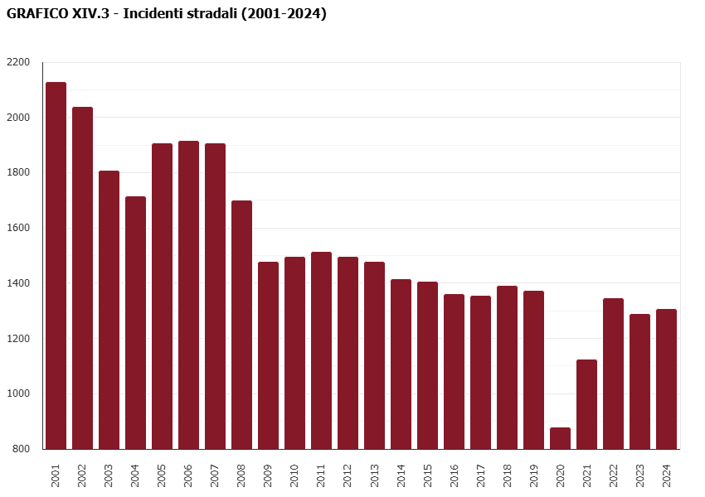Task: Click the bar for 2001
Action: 56,265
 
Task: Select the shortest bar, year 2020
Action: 560,438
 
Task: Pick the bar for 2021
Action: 586,404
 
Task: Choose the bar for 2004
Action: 135,322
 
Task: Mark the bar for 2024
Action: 666,379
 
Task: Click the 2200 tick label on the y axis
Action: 18,62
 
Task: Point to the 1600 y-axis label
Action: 18,228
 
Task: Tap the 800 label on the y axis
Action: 21,449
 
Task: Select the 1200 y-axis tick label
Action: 18,339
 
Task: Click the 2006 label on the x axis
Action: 188,475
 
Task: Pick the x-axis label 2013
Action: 374,475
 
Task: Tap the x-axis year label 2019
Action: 533,475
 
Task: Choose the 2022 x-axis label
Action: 613,475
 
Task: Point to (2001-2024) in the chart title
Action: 283,14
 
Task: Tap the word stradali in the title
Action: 213,14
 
